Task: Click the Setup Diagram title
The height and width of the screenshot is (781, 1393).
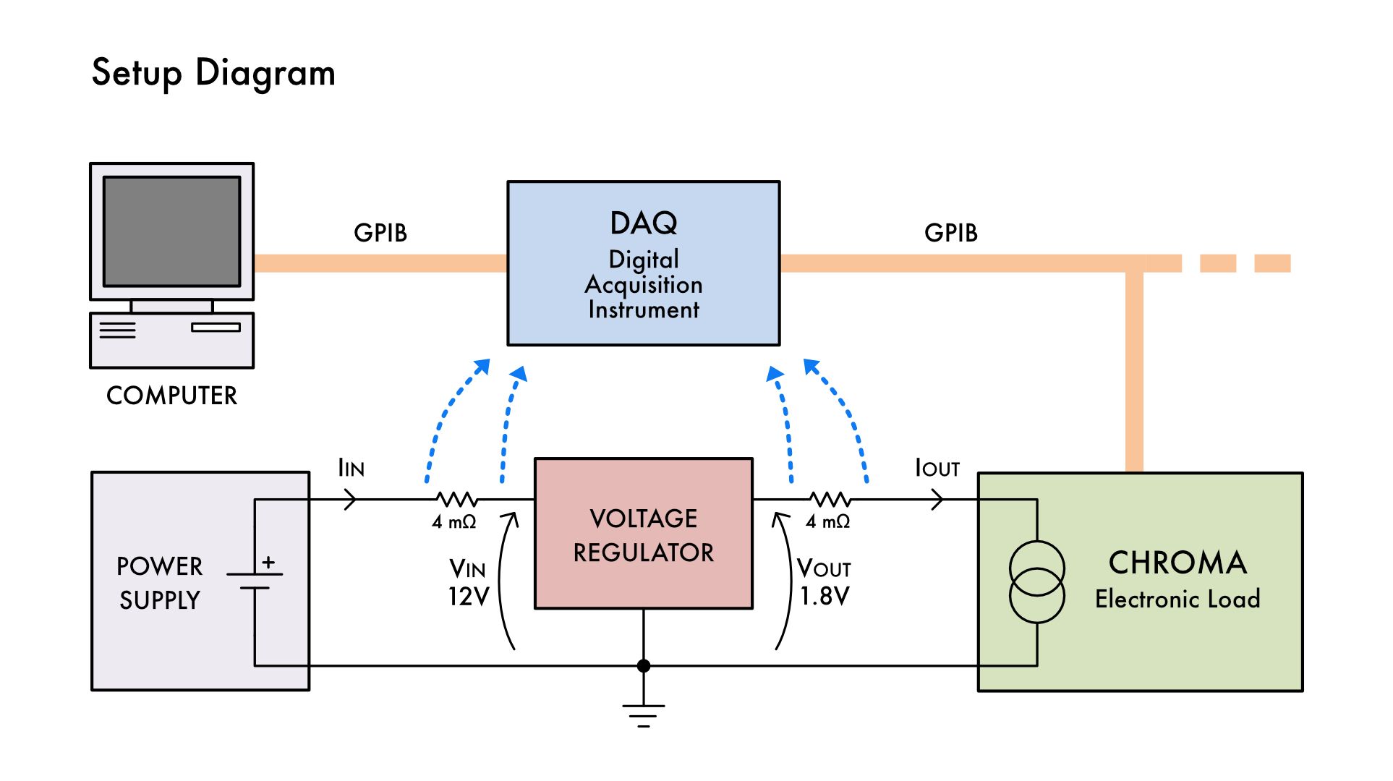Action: point(213,73)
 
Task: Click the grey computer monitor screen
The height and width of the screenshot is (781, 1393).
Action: point(171,231)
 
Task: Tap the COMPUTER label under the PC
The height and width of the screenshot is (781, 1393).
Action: point(171,396)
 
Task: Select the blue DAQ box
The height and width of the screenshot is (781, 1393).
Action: point(643,263)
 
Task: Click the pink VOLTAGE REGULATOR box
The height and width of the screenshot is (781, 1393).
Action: point(643,534)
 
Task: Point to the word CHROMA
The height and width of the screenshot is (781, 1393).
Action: point(1177,563)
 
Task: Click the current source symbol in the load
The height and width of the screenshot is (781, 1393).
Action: point(1036,582)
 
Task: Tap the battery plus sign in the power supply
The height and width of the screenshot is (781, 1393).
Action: point(268,562)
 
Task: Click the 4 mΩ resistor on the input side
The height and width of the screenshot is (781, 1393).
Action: point(456,499)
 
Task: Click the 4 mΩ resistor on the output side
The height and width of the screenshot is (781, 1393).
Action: point(830,499)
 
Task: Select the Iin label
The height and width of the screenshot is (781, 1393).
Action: point(352,468)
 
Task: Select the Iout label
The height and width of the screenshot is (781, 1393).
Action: point(937,468)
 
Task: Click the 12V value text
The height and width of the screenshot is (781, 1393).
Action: point(469,597)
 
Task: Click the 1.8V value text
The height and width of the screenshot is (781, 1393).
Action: point(825,596)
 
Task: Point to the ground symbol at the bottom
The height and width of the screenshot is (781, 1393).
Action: point(643,714)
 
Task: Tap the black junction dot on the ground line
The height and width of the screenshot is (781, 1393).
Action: point(643,666)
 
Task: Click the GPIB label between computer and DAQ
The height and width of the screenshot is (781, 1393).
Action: point(380,233)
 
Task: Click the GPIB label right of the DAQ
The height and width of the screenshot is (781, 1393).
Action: point(950,233)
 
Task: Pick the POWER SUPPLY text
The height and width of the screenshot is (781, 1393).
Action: point(160,583)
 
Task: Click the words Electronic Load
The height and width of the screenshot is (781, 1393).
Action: point(1177,599)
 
